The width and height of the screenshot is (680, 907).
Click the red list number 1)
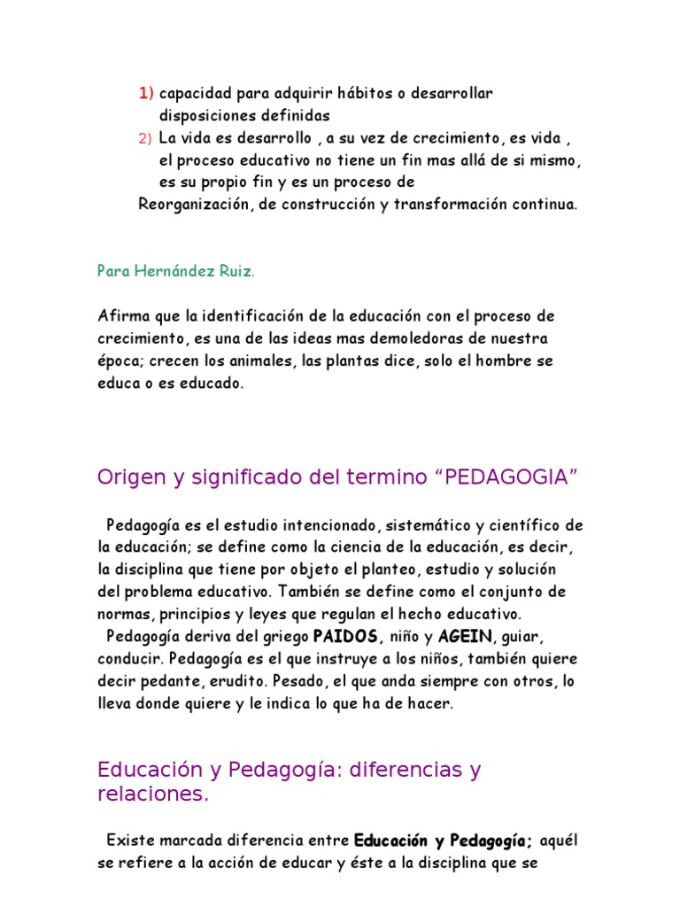point(146,93)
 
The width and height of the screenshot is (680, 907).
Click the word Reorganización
point(190,205)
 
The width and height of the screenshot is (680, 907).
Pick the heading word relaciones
point(152,795)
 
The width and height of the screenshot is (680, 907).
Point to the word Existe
point(128,840)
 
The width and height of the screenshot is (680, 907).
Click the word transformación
point(452,205)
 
